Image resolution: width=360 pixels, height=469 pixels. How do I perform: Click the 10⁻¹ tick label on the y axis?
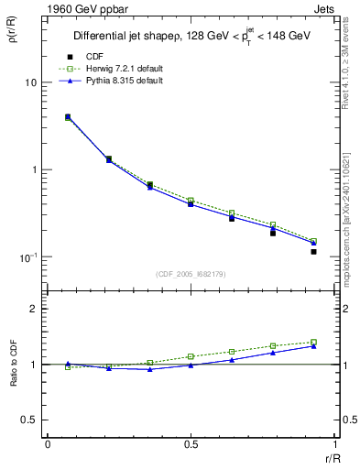click(30, 257)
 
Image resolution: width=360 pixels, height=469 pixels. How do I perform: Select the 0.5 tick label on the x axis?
click(191, 445)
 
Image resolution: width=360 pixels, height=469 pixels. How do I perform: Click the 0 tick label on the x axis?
click(48, 445)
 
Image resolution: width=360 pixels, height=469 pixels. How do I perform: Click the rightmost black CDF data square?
click(313, 251)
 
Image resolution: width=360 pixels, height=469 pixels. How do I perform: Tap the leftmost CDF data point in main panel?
click(68, 117)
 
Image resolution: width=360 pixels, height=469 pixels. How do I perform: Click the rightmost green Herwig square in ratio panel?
click(313, 343)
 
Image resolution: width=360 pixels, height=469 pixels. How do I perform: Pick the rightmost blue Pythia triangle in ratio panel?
click(313, 346)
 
